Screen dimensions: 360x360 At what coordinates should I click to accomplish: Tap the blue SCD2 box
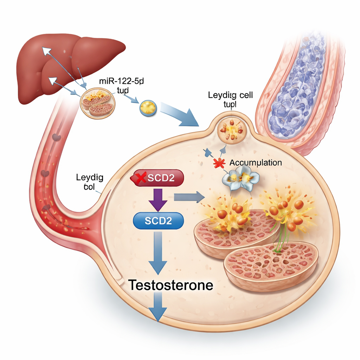point(158,220)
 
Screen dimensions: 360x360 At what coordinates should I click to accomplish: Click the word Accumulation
point(255,163)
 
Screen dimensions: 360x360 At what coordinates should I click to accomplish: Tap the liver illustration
point(67,63)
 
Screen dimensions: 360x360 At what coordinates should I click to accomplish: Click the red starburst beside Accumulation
point(219,163)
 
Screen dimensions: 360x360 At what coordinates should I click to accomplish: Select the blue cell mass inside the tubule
point(299,88)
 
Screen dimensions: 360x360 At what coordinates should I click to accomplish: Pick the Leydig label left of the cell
point(89,182)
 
